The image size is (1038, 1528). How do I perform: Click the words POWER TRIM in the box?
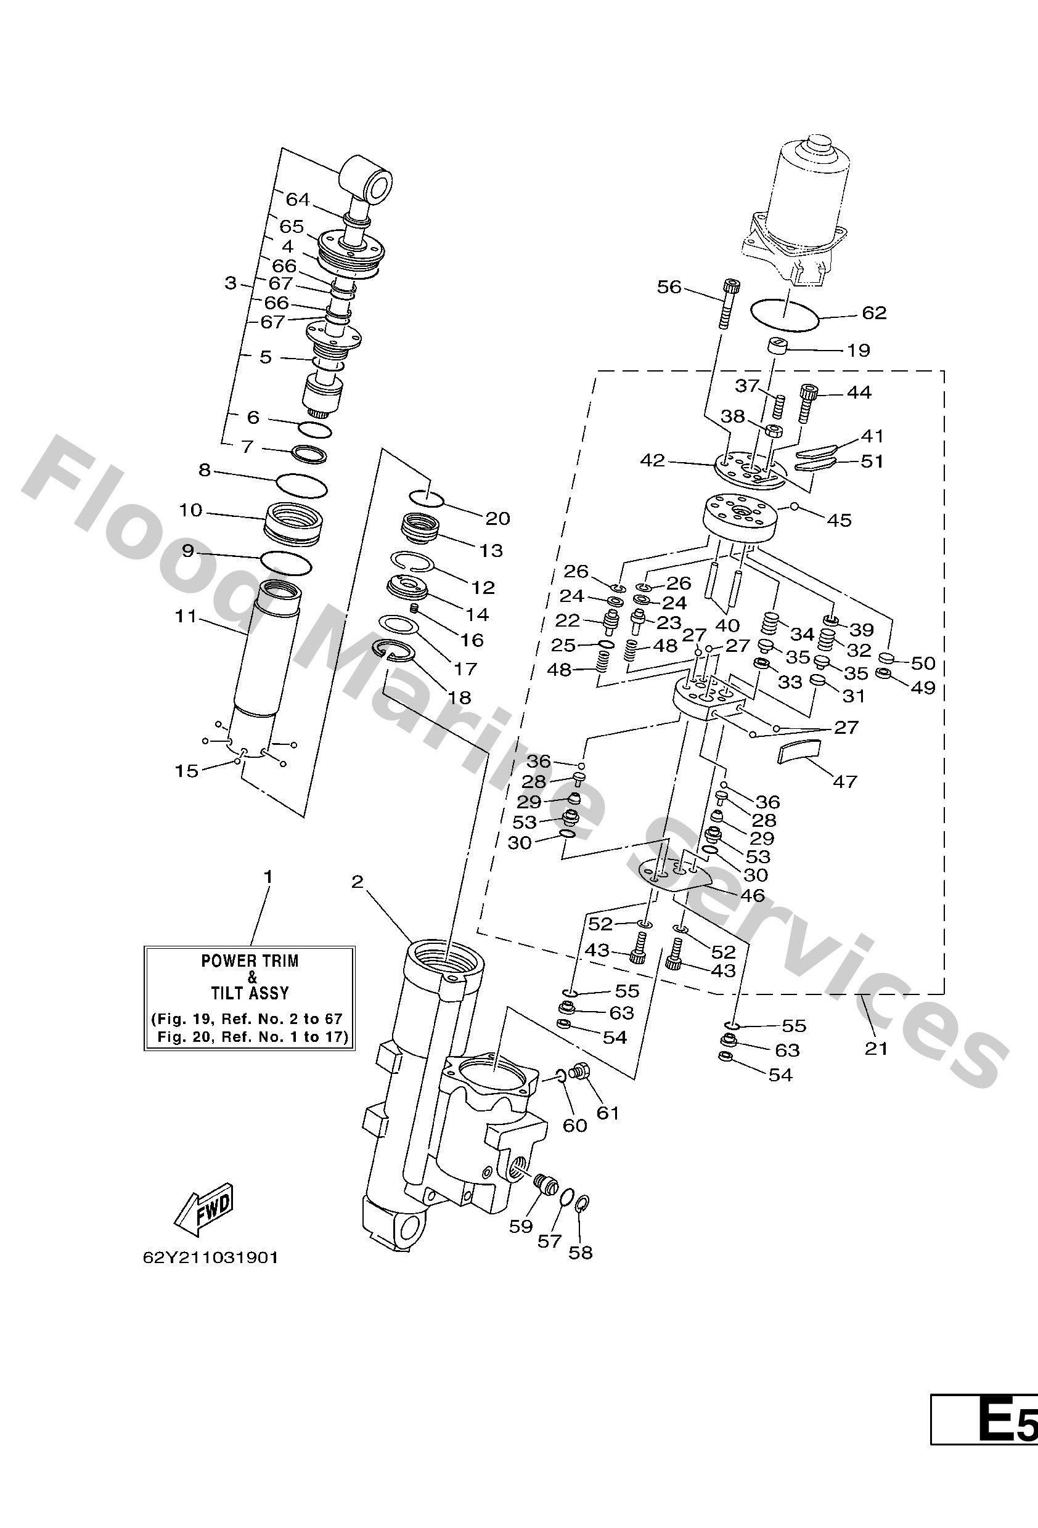click(250, 961)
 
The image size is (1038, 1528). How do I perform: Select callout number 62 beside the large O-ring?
click(874, 313)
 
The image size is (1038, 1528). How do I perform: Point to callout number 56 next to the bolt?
click(669, 287)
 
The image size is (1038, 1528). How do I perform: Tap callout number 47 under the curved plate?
click(845, 782)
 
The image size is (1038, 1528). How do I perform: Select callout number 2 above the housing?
click(357, 882)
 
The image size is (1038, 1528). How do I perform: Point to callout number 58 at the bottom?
click(580, 1253)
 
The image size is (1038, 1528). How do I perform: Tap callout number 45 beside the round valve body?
click(839, 520)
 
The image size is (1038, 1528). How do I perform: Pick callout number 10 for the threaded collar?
click(190, 510)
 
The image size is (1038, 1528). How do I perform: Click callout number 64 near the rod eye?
click(297, 199)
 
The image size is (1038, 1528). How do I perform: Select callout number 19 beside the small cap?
click(859, 350)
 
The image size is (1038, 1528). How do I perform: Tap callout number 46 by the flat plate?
click(752, 895)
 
